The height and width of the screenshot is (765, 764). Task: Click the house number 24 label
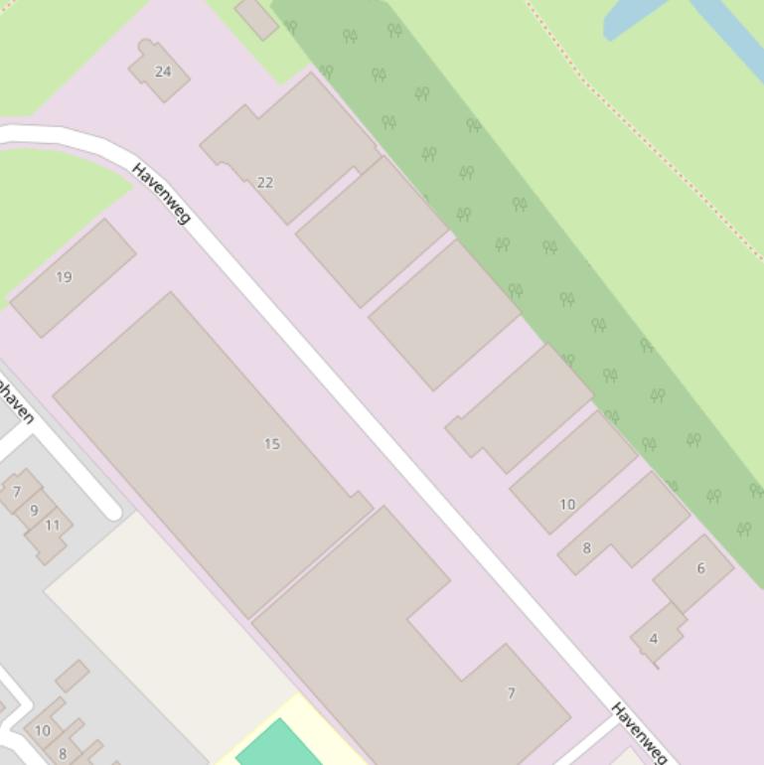(x=163, y=72)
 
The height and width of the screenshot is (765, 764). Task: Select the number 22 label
(x=264, y=183)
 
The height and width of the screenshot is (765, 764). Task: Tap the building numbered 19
(x=73, y=278)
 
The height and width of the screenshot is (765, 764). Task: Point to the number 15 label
(x=271, y=444)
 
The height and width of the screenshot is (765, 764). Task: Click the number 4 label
(x=653, y=639)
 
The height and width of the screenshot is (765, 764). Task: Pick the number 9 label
(x=34, y=511)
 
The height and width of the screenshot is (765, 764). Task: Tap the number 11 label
(x=52, y=526)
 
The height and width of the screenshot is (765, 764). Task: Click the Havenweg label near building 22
(x=161, y=193)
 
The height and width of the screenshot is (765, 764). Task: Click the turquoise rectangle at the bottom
(x=277, y=746)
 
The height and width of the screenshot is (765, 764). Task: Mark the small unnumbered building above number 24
(x=257, y=18)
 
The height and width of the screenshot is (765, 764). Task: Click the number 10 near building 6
(x=567, y=505)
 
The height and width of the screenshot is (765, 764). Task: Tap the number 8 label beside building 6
(x=586, y=548)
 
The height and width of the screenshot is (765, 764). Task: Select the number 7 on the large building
(x=511, y=693)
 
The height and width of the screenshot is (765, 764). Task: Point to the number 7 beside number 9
(x=17, y=492)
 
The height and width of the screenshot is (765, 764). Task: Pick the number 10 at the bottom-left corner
(x=42, y=731)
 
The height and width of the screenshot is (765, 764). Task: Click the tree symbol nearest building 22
(x=326, y=72)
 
